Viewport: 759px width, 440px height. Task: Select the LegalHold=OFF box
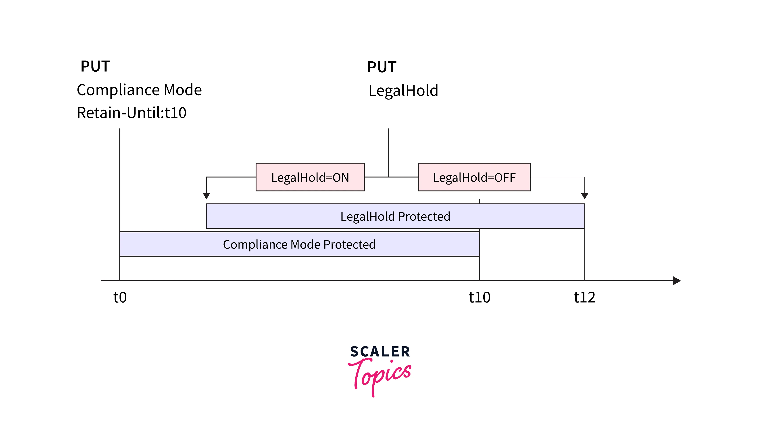(x=474, y=177)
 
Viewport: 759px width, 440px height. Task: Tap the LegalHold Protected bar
(x=395, y=216)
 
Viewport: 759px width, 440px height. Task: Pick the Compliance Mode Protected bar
(x=299, y=244)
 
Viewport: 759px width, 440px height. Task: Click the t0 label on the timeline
(x=120, y=297)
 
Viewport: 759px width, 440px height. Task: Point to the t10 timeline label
(x=480, y=297)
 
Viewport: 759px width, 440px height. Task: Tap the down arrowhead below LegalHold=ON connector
(x=206, y=196)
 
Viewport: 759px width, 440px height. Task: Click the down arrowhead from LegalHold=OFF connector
(x=585, y=196)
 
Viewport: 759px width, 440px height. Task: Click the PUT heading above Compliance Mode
(x=95, y=66)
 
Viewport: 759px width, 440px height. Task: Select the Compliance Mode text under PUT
(x=139, y=90)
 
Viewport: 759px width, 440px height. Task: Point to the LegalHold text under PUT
(x=403, y=91)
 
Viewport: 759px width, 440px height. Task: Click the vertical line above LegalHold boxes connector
(x=388, y=152)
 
